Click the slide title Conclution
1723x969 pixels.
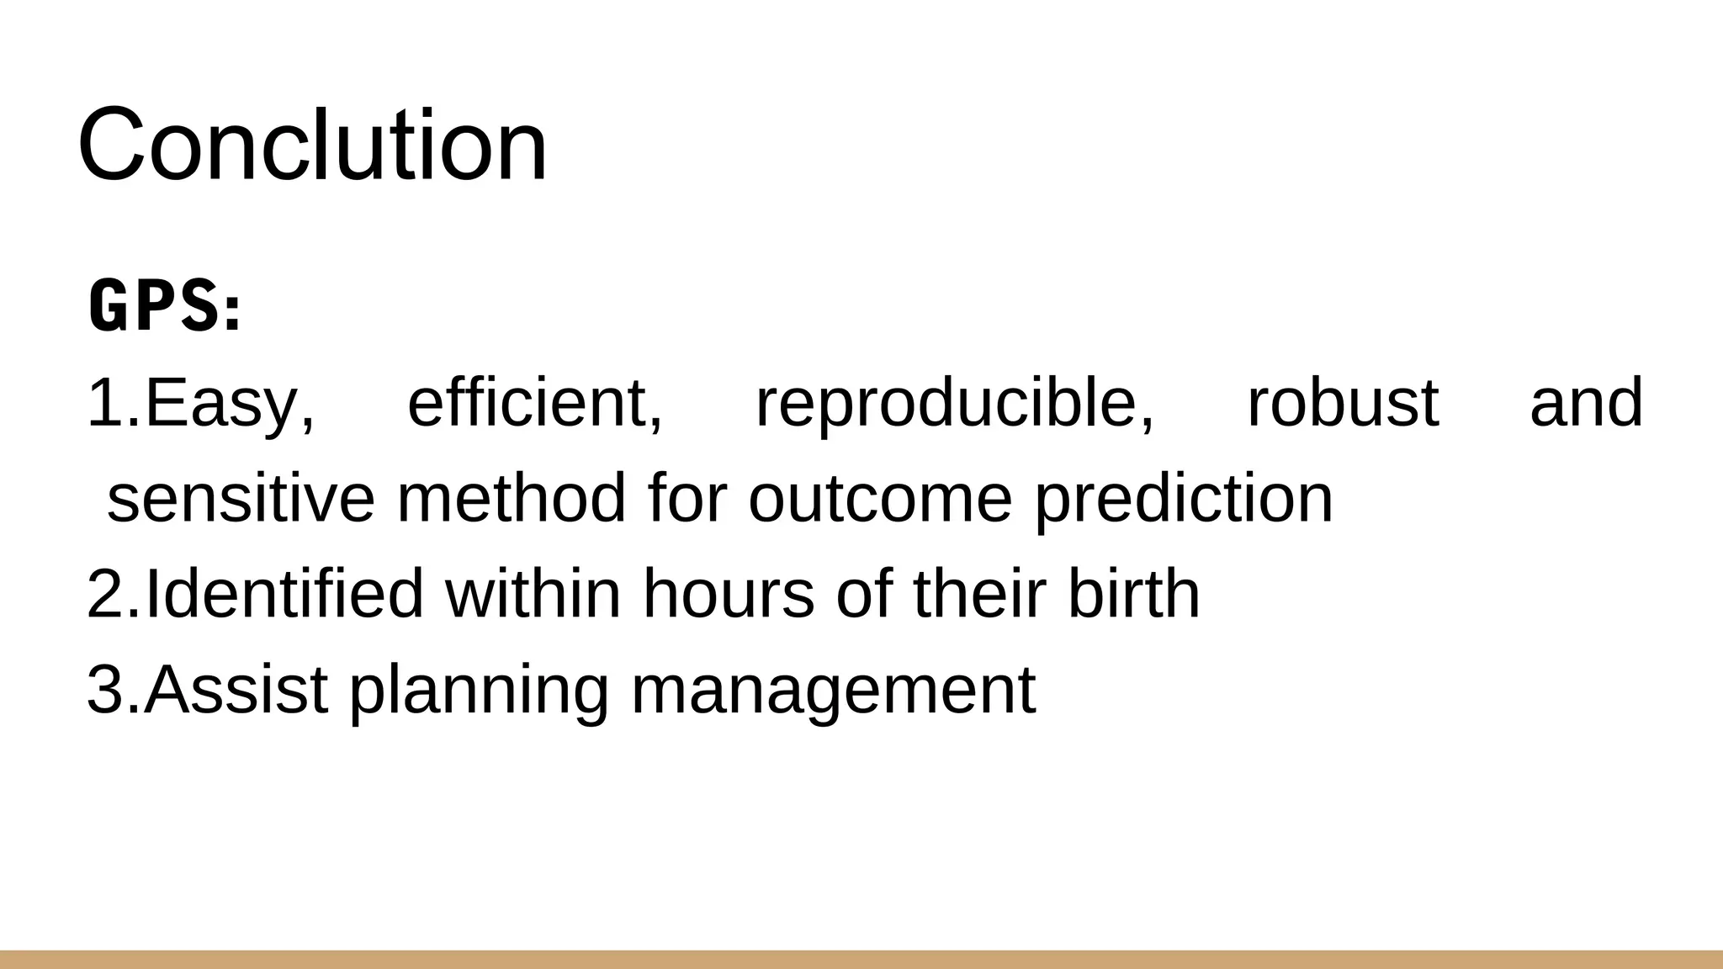312,145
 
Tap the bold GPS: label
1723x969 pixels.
165,307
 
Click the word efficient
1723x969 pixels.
535,404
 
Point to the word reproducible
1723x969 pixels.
955,404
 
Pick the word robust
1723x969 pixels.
1342,404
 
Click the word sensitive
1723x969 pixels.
241,498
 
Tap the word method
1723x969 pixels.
511,498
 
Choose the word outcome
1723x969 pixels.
880,498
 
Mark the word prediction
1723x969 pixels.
1183,498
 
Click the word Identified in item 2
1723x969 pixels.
284,594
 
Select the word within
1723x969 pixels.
533,594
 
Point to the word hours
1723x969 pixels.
729,594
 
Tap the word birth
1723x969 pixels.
1133,594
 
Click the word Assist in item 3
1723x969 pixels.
236,690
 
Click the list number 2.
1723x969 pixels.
106,594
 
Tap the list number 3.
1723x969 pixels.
106,690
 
